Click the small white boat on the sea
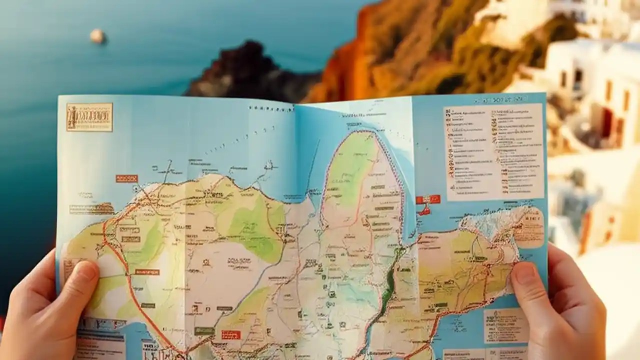tap(97, 36)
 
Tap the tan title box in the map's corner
tap(89, 117)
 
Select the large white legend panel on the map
tap(493, 151)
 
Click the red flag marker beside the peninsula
tap(427, 200)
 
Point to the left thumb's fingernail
tap(85, 270)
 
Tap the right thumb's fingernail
tap(522, 273)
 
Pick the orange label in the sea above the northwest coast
tap(126, 178)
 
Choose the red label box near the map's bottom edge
tap(231, 334)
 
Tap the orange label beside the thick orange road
tap(147, 272)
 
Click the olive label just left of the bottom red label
tap(204, 331)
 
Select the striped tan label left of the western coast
tap(91, 209)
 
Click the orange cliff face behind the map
tap(350, 60)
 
